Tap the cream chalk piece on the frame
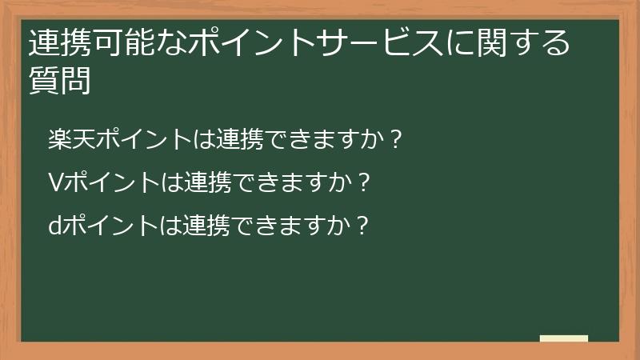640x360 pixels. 564,339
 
